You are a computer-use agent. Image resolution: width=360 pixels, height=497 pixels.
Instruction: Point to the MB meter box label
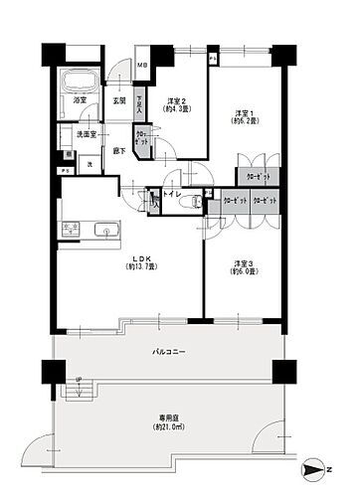pyautogui.click(x=142, y=67)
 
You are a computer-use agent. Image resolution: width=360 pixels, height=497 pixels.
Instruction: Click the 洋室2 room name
pyautogui.click(x=179, y=99)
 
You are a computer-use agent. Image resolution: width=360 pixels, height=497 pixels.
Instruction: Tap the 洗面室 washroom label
pyautogui.click(x=87, y=133)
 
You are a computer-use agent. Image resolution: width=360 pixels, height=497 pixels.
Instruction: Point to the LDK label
pyautogui.click(x=137, y=257)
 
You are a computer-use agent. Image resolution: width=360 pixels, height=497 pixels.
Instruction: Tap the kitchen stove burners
pyautogui.click(x=71, y=229)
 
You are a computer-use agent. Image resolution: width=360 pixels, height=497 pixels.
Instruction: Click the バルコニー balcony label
pyautogui.click(x=168, y=352)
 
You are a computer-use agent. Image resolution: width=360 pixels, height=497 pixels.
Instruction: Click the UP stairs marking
pyautogui.click(x=78, y=382)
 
